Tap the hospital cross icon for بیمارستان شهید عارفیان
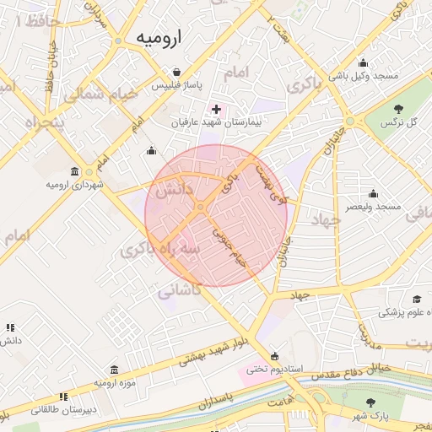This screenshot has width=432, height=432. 217,109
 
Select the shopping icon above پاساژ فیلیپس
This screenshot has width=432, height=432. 176,73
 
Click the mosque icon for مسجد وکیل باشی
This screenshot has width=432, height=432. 364,62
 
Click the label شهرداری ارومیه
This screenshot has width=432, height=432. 75,184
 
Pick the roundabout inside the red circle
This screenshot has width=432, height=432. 201,207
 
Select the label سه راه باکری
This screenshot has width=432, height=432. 161,250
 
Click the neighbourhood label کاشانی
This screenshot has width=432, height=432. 180,289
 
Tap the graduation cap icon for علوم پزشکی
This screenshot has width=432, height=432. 417,300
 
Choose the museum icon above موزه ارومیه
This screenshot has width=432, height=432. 114,370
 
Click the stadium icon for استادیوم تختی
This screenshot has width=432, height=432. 274,355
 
